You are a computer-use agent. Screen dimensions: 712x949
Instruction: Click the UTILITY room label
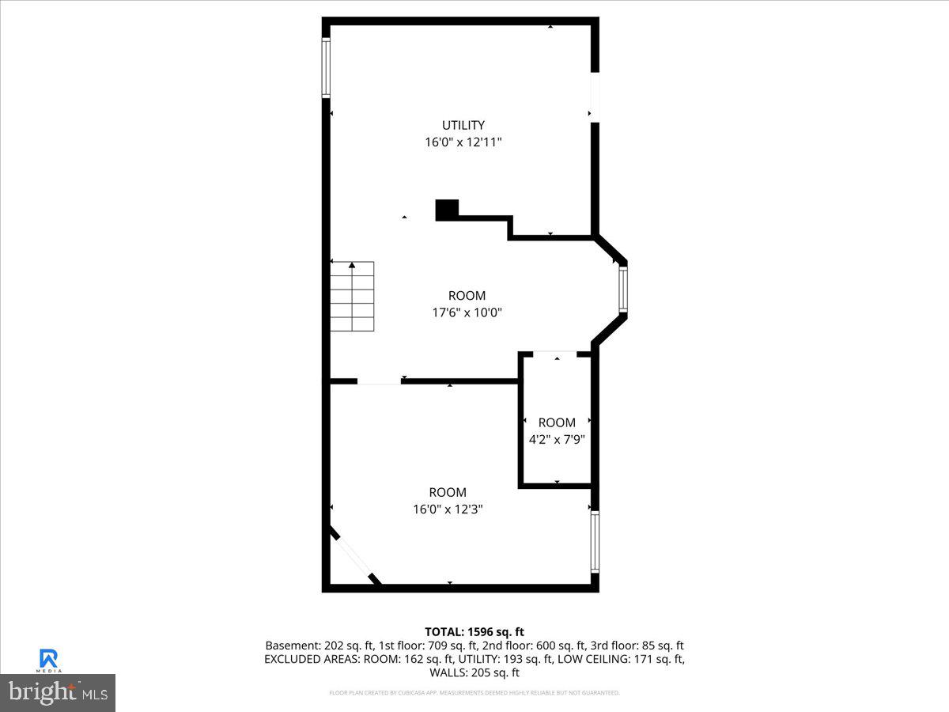coord(463,125)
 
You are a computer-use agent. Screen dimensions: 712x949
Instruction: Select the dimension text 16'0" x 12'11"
coord(463,142)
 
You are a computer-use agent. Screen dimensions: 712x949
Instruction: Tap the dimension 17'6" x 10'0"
coord(467,312)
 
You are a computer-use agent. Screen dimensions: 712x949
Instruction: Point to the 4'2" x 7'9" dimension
coord(557,438)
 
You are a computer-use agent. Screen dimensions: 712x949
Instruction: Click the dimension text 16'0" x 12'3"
coord(448,509)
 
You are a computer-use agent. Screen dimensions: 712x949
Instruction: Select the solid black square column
coord(447,210)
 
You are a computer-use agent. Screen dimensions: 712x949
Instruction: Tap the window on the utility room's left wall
coord(326,68)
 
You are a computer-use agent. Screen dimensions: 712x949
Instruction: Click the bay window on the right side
coord(623,289)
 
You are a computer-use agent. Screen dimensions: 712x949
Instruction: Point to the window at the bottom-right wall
coord(595,542)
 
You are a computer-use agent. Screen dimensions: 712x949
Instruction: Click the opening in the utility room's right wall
coord(595,97)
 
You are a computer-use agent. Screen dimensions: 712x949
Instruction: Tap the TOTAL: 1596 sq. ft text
coord(475,631)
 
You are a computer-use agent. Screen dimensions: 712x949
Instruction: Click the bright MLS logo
coord(58,692)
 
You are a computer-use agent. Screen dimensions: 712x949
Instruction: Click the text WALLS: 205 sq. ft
coord(475,672)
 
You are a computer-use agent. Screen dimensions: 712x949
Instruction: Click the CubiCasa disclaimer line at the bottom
coord(475,693)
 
